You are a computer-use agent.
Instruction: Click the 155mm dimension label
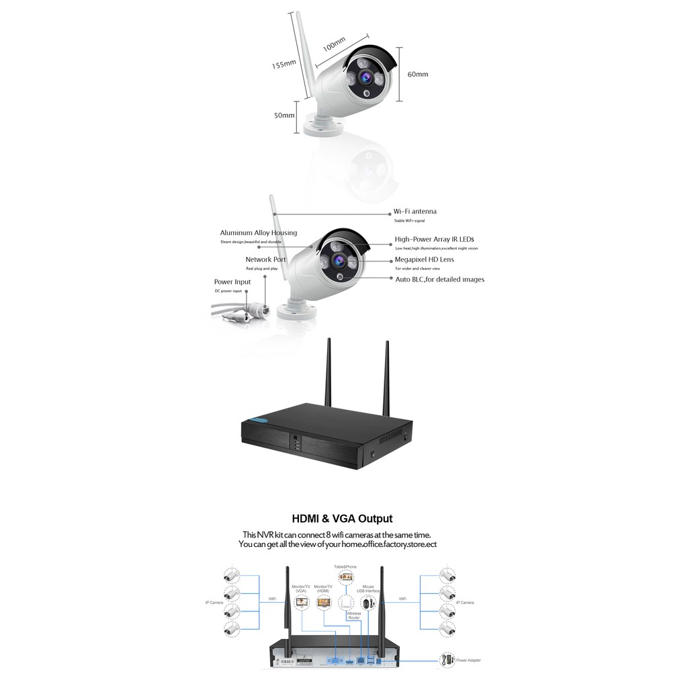coord(284,64)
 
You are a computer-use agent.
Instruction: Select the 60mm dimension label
coord(417,75)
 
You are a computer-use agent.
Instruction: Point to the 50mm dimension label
coord(284,115)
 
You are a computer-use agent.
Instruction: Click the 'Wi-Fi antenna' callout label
coord(415,212)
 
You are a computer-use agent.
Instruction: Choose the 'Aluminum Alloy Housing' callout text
coord(258,233)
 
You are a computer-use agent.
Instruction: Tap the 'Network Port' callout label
coord(265,259)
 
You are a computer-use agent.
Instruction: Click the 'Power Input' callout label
coord(232,282)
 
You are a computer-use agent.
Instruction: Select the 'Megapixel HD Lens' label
coord(424,259)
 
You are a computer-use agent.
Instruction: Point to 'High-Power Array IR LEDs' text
coord(434,239)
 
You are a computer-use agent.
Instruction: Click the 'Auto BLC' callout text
coord(439,279)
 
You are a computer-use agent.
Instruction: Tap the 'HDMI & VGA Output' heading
coord(342,519)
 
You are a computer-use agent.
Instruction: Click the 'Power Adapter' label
coord(468,660)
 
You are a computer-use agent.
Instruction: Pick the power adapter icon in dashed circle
coord(446,660)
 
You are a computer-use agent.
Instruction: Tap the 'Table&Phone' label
coord(345,567)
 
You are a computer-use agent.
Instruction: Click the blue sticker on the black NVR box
coord(259,421)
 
